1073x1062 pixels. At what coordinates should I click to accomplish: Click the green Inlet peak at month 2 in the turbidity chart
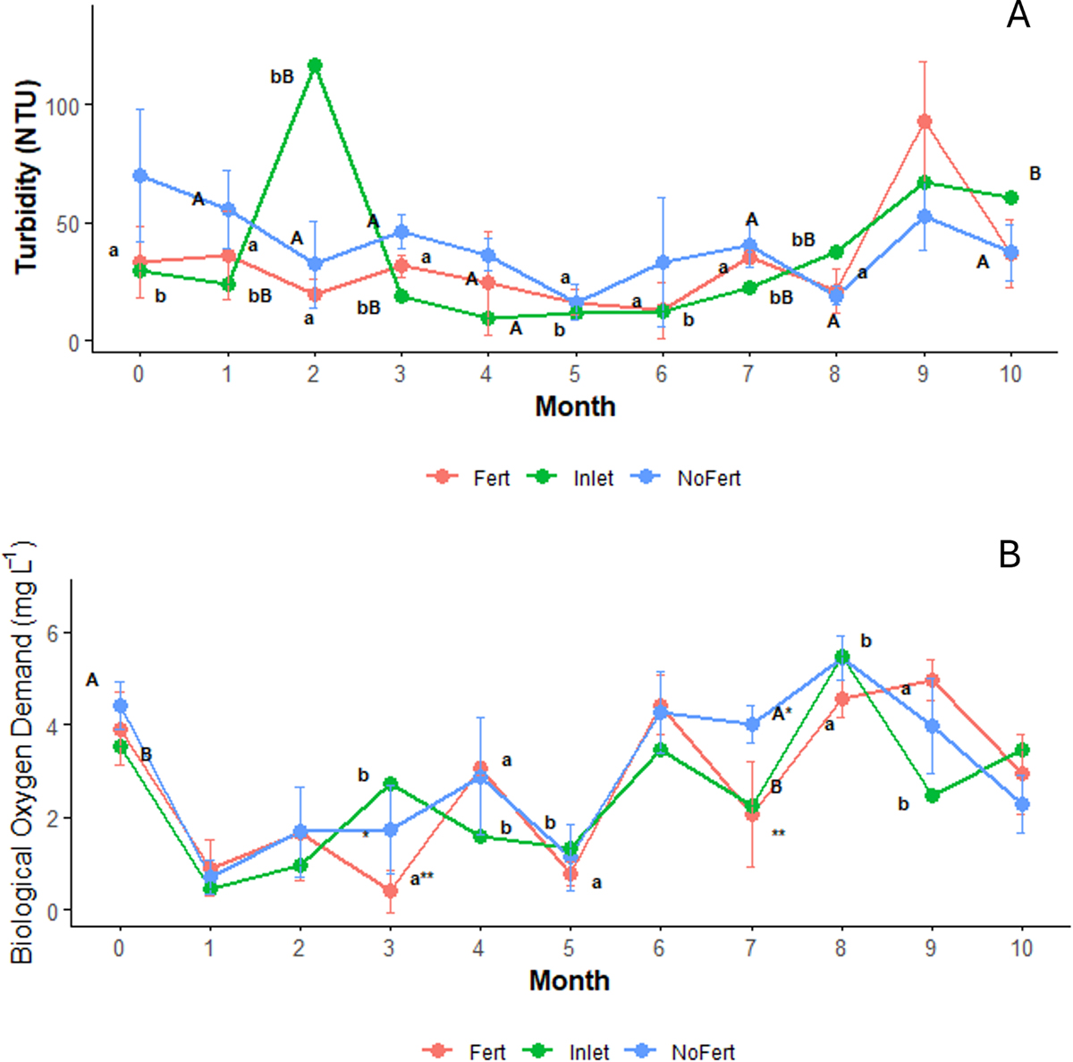[x=315, y=65]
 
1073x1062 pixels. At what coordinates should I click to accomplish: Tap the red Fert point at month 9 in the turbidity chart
[x=925, y=121]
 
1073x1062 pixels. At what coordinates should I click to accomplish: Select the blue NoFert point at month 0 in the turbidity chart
[x=139, y=175]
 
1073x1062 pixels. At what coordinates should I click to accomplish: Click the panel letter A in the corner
[x=1018, y=15]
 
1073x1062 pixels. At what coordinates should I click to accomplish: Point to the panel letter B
[x=1009, y=556]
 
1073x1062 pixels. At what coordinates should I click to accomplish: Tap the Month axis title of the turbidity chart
[x=575, y=406]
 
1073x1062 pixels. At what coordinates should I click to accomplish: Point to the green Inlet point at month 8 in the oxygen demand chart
[x=841, y=657]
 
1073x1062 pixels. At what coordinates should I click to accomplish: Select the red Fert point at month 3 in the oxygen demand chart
[x=390, y=891]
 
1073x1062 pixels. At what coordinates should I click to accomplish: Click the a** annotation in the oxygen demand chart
[x=422, y=879]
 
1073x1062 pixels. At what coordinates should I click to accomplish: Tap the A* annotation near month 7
[x=782, y=714]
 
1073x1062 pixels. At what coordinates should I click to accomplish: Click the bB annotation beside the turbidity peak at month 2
[x=283, y=78]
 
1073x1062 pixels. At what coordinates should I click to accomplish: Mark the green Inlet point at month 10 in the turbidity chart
[x=1011, y=198]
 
